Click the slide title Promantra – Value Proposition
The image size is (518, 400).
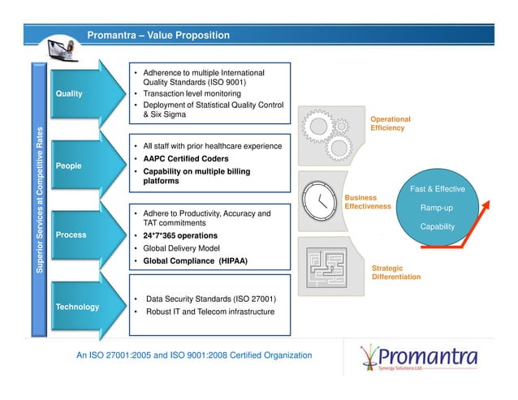(x=158, y=36)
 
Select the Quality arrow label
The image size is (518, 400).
(x=69, y=93)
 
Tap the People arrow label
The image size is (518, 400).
(x=68, y=166)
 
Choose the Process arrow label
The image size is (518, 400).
(x=71, y=234)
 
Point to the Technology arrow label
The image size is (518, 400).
(x=77, y=307)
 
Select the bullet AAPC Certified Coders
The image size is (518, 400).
(x=185, y=158)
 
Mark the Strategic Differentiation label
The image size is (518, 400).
(x=395, y=272)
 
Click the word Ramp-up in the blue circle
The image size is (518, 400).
(x=437, y=208)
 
